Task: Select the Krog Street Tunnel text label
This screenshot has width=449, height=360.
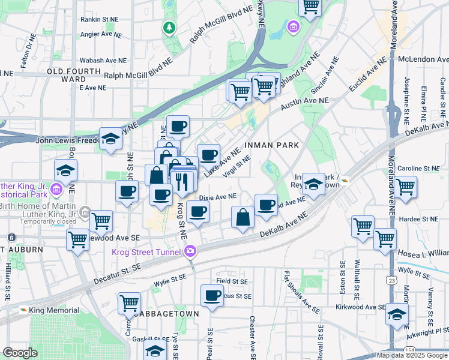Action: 146,251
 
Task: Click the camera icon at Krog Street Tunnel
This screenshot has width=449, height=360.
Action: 190,251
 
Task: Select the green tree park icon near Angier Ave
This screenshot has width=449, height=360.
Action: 170,27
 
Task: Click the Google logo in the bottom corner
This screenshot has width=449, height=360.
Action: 20,353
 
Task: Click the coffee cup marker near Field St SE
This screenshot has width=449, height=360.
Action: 212,296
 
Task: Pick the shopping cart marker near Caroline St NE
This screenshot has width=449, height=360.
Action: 406,186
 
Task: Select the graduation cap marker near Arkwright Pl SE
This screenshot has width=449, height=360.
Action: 397,314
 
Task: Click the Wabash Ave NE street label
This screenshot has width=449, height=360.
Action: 105,61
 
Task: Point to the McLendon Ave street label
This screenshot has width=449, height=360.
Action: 423,60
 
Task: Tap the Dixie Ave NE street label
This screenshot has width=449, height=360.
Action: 217,197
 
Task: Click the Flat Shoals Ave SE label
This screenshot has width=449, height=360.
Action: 302,292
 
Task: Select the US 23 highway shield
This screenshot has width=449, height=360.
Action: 391,280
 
